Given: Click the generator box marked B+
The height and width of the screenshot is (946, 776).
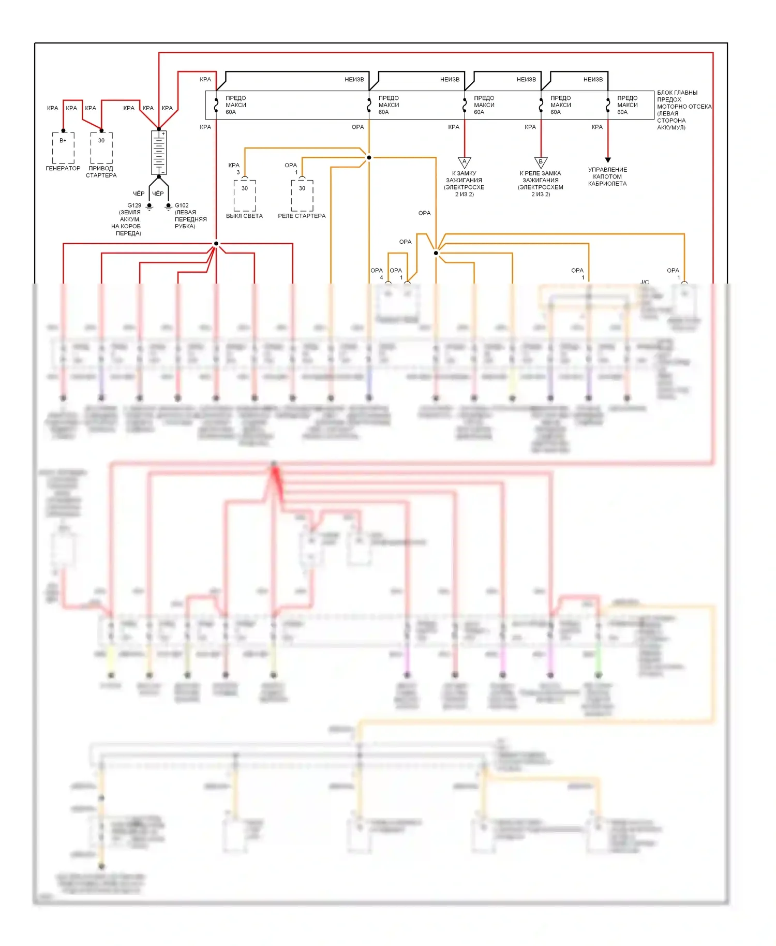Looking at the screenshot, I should tap(63, 147).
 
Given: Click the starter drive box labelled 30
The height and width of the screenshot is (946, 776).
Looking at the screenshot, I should tap(101, 147).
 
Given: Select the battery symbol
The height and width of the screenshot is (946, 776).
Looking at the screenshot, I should tap(159, 153).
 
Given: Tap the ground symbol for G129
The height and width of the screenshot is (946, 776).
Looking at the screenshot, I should tap(150, 206).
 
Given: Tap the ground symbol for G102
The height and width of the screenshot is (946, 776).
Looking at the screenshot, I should tap(168, 206).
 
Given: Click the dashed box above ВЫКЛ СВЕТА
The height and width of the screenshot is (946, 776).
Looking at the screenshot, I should tap(245, 195).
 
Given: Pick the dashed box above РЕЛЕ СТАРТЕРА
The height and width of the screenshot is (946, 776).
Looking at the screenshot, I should tap(302, 195).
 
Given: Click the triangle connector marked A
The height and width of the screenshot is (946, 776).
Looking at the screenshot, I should tap(465, 162).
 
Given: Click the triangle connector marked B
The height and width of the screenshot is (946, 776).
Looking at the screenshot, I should tap(541, 162).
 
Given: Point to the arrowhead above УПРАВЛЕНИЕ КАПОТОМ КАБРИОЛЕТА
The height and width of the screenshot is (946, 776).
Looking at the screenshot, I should tap(608, 160).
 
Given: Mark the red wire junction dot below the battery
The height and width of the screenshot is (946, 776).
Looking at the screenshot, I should tap(216, 243).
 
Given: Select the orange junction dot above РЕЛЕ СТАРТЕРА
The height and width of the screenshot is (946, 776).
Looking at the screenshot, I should tap(369, 157).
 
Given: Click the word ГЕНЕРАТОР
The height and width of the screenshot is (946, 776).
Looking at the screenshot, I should tap(63, 168).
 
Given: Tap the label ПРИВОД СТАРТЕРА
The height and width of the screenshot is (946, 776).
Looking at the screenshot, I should tap(101, 172).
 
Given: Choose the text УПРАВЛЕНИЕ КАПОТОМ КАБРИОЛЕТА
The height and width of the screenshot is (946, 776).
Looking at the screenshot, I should tap(607, 176).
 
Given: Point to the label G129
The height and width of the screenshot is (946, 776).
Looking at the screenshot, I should tap(134, 205).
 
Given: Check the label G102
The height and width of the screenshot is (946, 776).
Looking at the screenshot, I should tap(182, 205).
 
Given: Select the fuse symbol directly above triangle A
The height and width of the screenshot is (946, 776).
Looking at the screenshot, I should tap(465, 105).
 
